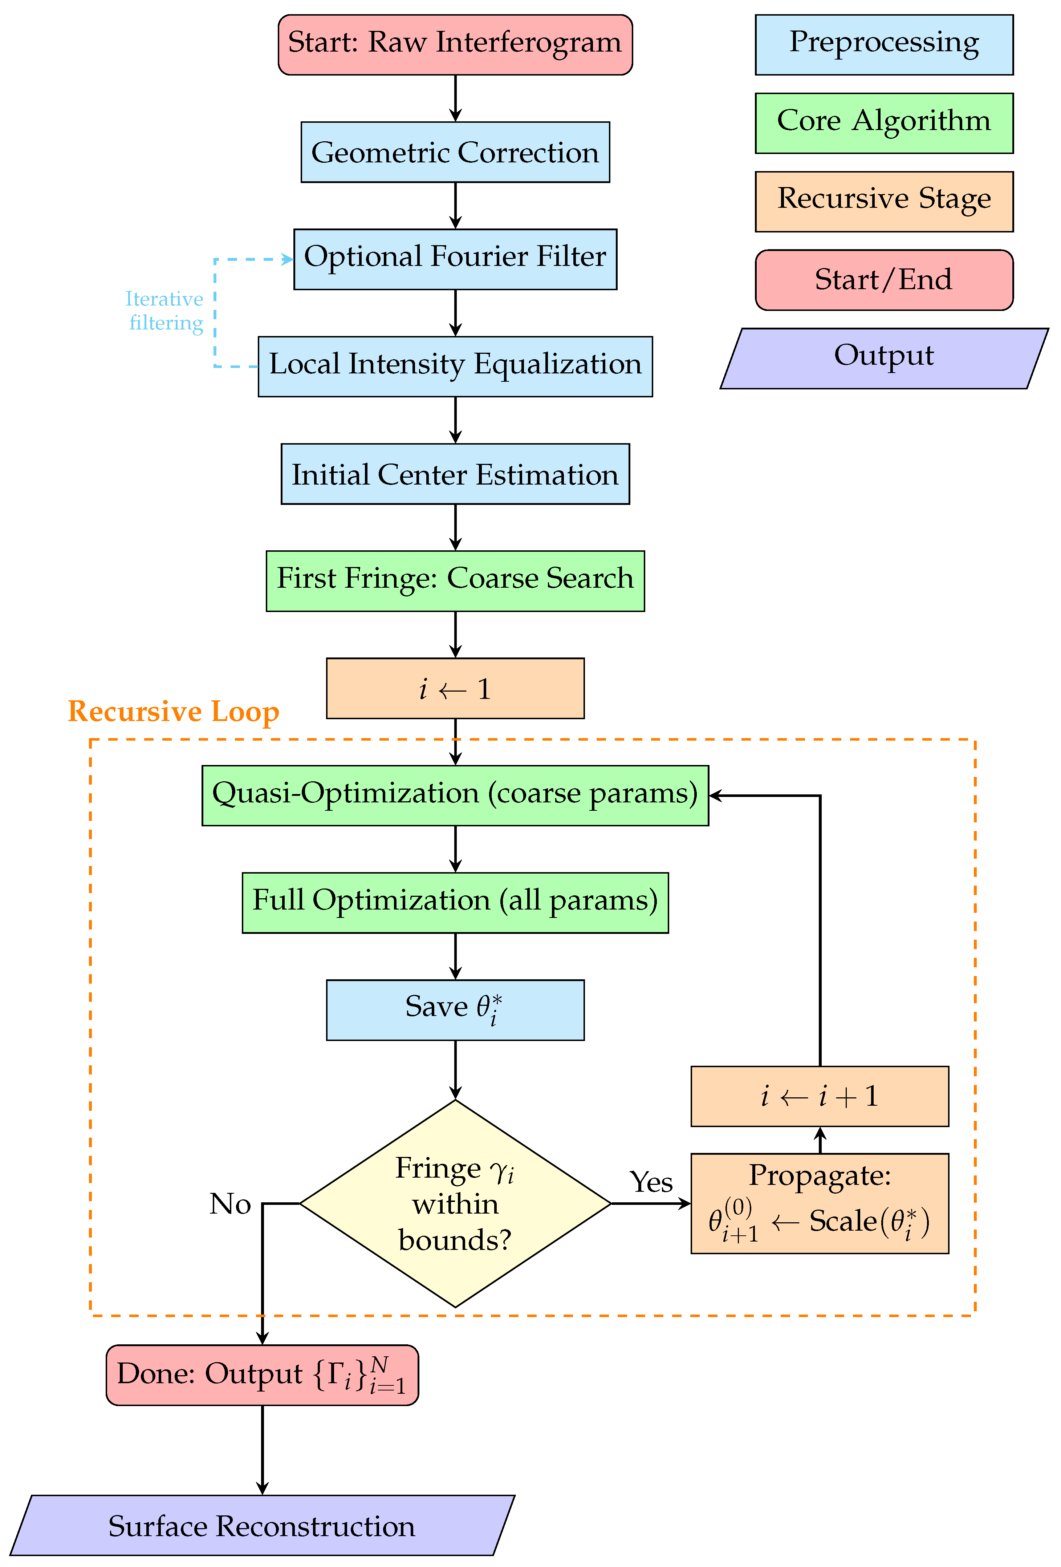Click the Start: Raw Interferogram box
(455, 45)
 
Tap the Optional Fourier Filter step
(455, 259)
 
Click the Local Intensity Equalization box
(455, 366)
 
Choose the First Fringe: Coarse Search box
(455, 580)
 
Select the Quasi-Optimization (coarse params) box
(455, 795)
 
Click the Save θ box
(455, 1009)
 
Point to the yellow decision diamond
(455, 1203)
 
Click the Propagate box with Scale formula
(819, 1203)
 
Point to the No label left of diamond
(230, 1203)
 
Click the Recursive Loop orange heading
(173, 711)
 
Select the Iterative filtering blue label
(165, 311)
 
